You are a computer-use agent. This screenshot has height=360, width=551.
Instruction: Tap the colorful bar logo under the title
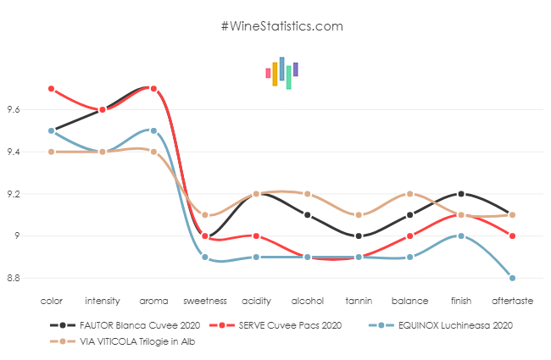pyautogui.click(x=281, y=73)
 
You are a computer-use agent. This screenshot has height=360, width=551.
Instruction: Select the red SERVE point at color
pyautogui.click(x=52, y=89)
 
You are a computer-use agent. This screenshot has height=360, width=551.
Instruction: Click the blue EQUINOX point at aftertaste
pyautogui.click(x=513, y=278)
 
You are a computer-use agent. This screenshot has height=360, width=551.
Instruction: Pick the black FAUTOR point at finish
pyautogui.click(x=461, y=194)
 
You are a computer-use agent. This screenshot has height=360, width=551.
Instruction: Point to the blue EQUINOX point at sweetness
pyautogui.click(x=205, y=257)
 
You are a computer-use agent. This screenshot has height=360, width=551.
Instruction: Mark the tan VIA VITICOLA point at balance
pyautogui.click(x=410, y=194)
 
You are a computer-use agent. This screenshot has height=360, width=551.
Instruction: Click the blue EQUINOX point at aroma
pyautogui.click(x=153, y=130)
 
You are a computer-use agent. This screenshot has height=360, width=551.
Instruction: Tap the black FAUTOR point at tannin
pyautogui.click(x=359, y=235)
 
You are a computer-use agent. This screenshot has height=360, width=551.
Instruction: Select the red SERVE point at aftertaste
pyautogui.click(x=513, y=235)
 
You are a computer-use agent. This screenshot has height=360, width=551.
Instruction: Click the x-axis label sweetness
pyautogui.click(x=205, y=300)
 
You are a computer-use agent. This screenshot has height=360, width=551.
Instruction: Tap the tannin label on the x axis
pyautogui.click(x=359, y=300)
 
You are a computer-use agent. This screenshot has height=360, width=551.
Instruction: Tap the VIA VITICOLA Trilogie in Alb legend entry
pyautogui.click(x=120, y=341)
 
